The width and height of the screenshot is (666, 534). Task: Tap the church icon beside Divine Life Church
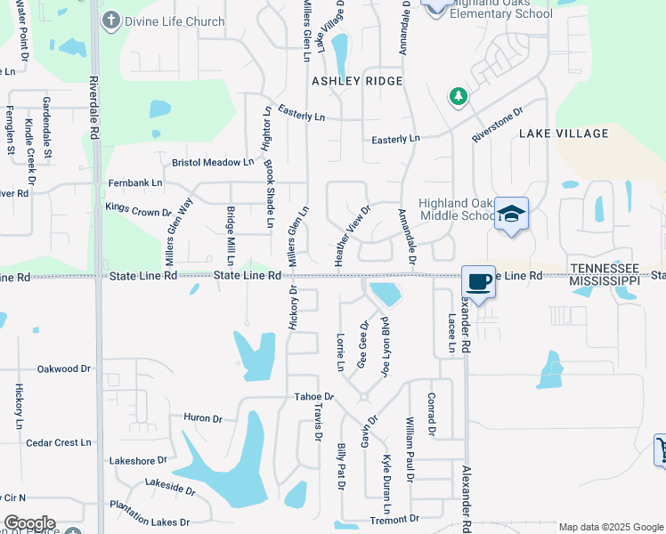111,20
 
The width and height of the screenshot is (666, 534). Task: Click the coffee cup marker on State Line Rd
479,281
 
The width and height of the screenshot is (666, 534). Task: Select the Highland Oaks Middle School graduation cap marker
511,214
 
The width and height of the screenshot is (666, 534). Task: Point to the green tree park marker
458,95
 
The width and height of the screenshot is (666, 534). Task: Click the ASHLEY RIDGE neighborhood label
357,81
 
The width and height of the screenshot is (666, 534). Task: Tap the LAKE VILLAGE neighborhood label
564,133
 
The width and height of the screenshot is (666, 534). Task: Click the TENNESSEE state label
605,269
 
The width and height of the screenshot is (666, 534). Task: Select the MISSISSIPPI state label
605,280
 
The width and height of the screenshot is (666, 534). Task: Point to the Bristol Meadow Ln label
213,162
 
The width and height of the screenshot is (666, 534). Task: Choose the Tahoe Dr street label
314,397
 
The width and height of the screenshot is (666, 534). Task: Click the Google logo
29,523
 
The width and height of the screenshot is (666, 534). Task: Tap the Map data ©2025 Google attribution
610,527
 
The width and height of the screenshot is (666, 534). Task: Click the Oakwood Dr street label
64,368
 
